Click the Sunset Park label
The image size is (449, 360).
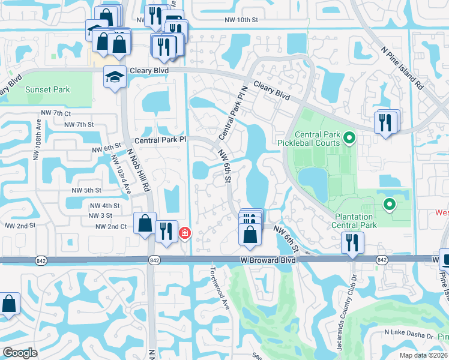click(x=47, y=90)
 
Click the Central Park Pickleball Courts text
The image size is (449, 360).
click(x=309, y=139)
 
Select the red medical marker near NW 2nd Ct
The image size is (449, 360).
click(x=185, y=233)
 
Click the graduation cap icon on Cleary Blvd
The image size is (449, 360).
click(x=115, y=76)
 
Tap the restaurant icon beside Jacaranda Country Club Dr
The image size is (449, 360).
click(x=351, y=242)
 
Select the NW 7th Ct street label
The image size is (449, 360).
click(x=56, y=113)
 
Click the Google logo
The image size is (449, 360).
click(x=20, y=352)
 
